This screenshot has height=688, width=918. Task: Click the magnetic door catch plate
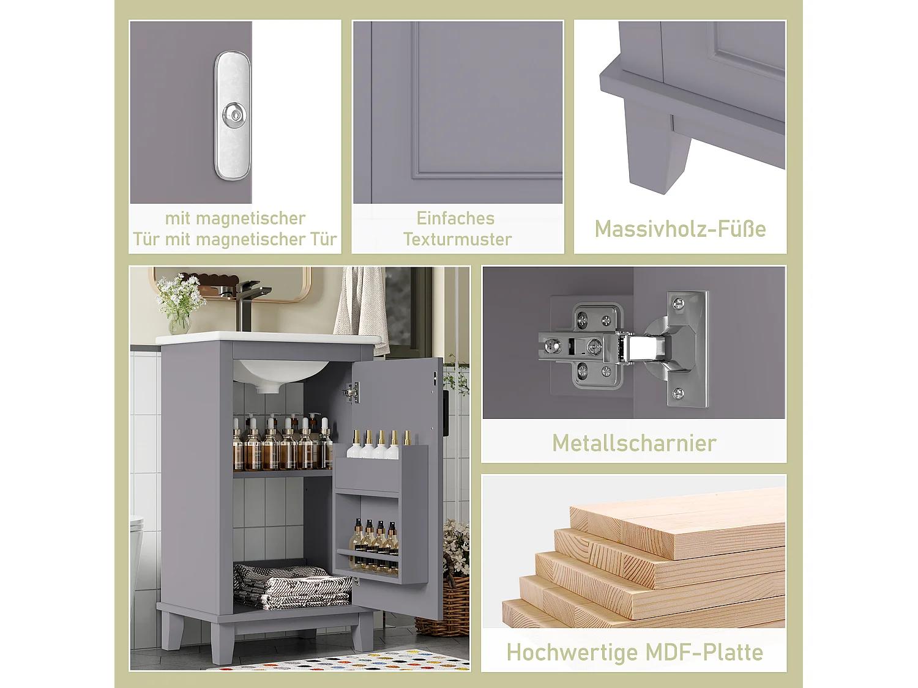pos(232,147)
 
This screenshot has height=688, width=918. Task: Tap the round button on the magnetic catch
pos(233,113)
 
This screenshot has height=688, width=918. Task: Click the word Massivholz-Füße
pos(680,229)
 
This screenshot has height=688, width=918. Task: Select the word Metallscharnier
pos(634,443)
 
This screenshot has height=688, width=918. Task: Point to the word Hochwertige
pos(564,653)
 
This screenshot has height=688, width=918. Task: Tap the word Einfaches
pos(455,218)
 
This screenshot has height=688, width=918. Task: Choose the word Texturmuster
pos(457,239)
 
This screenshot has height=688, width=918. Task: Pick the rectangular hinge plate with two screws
pos(687,349)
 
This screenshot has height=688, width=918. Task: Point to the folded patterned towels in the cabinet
pos(291,587)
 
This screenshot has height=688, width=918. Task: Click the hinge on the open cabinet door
pos(351,393)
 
